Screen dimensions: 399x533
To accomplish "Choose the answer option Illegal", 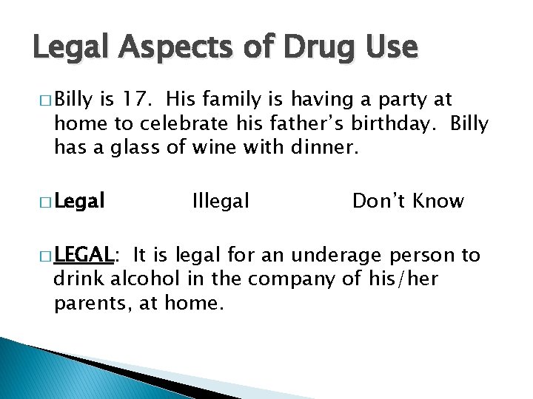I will (x=221, y=200).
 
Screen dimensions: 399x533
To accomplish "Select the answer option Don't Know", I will (x=408, y=200).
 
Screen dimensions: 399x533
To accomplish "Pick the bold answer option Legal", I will (x=79, y=200).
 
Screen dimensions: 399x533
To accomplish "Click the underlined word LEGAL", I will (x=82, y=256).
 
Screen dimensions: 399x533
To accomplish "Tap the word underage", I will (x=338, y=256).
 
